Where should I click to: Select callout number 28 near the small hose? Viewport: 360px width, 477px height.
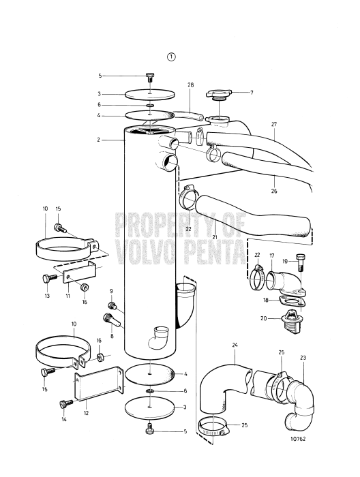pos(190,86)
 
